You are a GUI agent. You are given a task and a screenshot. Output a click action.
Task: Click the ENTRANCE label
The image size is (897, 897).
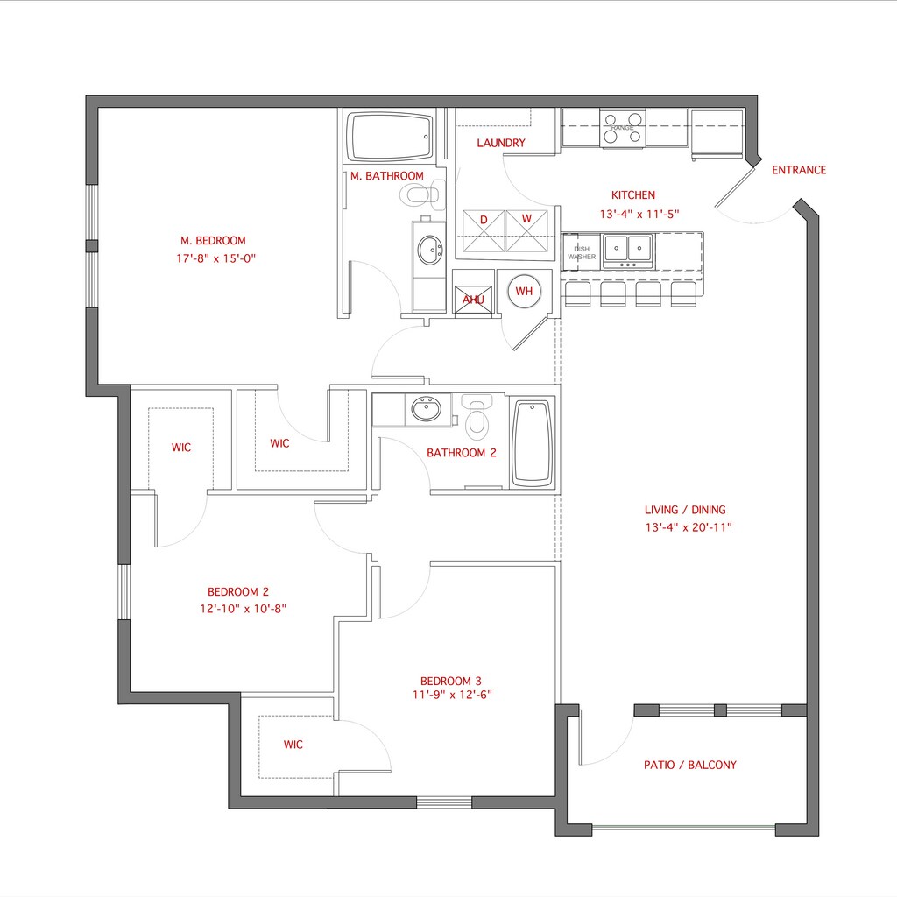[x=798, y=170]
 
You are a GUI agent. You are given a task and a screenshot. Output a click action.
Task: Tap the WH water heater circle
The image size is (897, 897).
[x=524, y=291]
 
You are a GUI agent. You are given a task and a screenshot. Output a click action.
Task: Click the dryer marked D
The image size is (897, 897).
[x=484, y=231]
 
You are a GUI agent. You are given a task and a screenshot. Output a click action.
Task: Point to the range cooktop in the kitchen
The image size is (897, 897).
[x=623, y=129]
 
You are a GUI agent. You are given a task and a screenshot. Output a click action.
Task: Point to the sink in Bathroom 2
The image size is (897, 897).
[x=427, y=409]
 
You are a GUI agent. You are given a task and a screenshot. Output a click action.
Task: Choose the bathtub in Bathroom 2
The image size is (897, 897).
[x=532, y=443]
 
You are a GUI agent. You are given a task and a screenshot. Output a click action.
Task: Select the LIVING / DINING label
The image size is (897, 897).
[x=685, y=510]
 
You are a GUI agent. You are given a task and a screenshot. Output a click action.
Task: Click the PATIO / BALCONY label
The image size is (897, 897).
[x=690, y=765]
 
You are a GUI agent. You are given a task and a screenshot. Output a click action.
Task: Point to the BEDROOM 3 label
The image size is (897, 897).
[x=450, y=681]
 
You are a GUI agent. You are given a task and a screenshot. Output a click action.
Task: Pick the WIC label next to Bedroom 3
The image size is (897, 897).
[x=293, y=745]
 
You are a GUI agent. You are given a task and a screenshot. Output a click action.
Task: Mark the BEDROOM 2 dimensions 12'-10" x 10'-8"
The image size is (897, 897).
[x=244, y=608]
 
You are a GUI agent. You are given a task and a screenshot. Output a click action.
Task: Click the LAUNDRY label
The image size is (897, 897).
[x=501, y=143]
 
